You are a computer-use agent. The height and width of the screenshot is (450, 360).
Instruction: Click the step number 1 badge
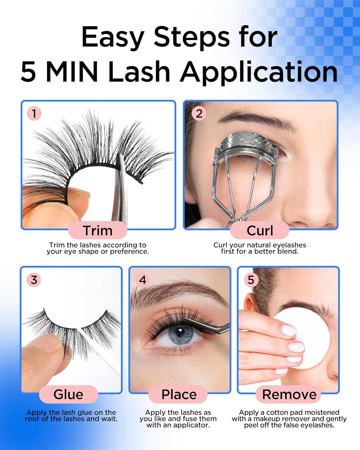34,114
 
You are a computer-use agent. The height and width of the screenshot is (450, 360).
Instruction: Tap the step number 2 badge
199,114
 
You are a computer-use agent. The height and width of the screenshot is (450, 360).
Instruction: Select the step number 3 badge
34,280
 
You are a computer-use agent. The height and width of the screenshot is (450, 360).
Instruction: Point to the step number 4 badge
142,280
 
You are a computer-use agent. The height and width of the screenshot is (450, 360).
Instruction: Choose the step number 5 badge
251,280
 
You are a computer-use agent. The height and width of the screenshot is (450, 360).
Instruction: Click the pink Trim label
97,230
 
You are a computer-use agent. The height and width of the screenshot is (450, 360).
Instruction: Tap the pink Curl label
259,230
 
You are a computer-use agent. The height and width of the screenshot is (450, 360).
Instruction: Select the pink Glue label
68,394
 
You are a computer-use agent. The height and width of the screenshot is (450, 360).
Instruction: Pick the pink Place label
179,394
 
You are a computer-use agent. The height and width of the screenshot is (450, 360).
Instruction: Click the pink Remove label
289,394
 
